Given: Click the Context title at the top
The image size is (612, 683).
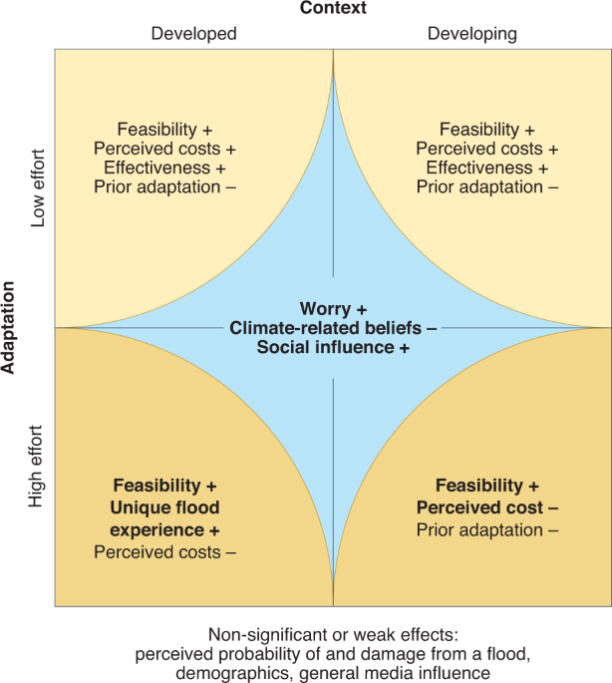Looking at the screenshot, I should [x=333, y=9].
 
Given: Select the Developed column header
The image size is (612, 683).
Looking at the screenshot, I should [x=193, y=34].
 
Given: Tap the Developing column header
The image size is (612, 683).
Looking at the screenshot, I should [x=472, y=34].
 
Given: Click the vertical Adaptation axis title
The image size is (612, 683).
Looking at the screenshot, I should [x=10, y=327].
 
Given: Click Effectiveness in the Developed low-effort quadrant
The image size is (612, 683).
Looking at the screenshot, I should [x=151, y=168].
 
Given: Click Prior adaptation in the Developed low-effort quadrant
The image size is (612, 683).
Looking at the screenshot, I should [x=157, y=186].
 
